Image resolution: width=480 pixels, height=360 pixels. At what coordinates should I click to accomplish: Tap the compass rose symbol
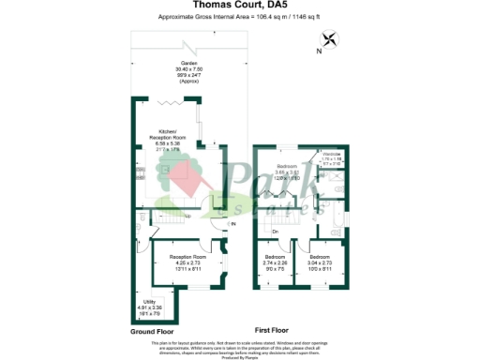click(x=329, y=38)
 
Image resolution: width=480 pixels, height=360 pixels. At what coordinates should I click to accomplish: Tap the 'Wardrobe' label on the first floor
click(x=333, y=154)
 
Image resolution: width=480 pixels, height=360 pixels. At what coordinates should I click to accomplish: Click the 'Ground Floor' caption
click(x=153, y=331)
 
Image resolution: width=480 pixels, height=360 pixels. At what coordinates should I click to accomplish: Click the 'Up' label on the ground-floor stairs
click(x=187, y=217)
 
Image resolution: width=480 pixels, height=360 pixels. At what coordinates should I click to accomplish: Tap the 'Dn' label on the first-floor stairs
click(x=276, y=232)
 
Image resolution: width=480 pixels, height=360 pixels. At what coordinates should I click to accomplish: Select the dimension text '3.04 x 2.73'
click(x=319, y=262)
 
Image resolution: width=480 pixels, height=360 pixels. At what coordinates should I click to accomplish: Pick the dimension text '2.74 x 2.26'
click(x=275, y=262)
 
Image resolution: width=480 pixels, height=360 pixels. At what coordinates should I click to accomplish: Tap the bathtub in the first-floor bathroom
click(x=338, y=225)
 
